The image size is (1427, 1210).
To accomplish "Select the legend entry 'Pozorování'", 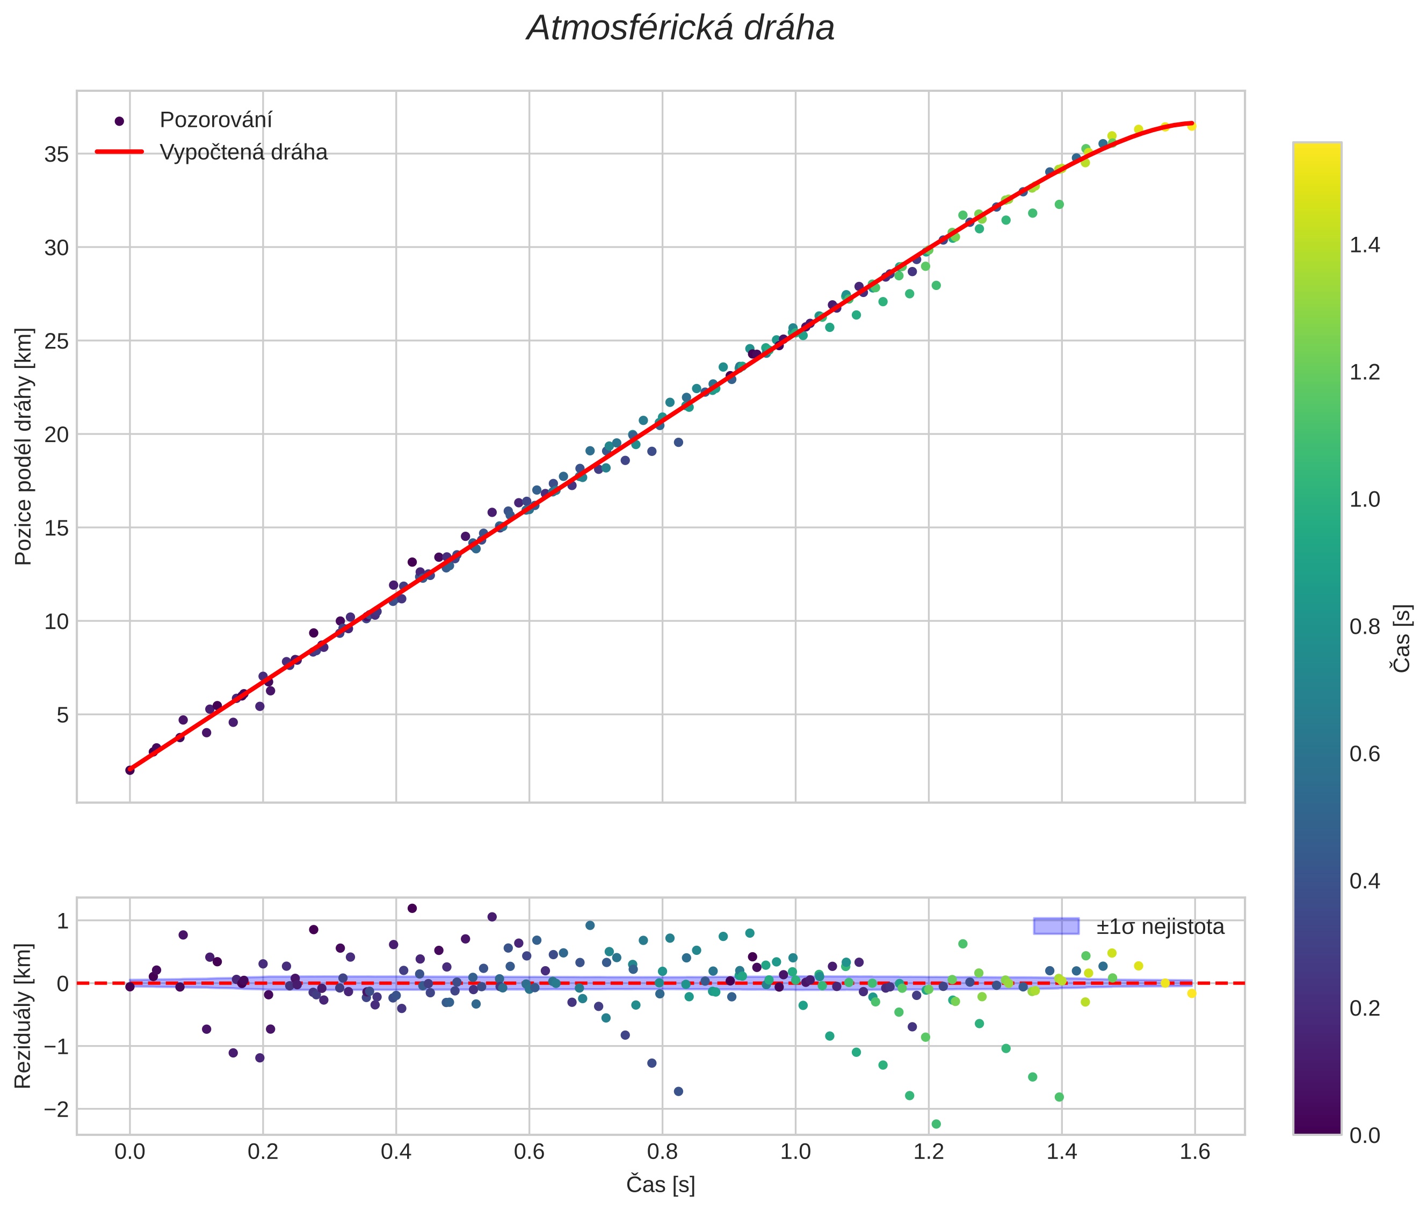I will coord(215,120).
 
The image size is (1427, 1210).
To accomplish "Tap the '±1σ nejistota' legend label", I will coord(1160,927).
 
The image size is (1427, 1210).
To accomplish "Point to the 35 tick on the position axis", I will coord(56,154).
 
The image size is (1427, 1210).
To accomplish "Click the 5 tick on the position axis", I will coord(62,715).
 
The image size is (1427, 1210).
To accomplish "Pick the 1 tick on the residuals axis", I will coord(62,921).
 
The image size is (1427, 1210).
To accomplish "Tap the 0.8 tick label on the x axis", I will coord(662,1151).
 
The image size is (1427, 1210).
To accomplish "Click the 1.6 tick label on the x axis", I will coord(1195,1151).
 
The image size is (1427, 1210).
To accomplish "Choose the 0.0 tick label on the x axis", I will coord(129,1151).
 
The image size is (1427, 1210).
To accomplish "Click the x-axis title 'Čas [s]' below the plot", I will coord(661,1185).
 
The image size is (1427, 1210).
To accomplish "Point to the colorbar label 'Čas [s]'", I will coord(1402,638).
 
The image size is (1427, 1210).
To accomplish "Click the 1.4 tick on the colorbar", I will coord(1365,245).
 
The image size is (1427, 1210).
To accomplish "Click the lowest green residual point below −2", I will coord(936,1124).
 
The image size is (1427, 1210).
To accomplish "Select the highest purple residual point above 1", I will coord(412,908).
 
